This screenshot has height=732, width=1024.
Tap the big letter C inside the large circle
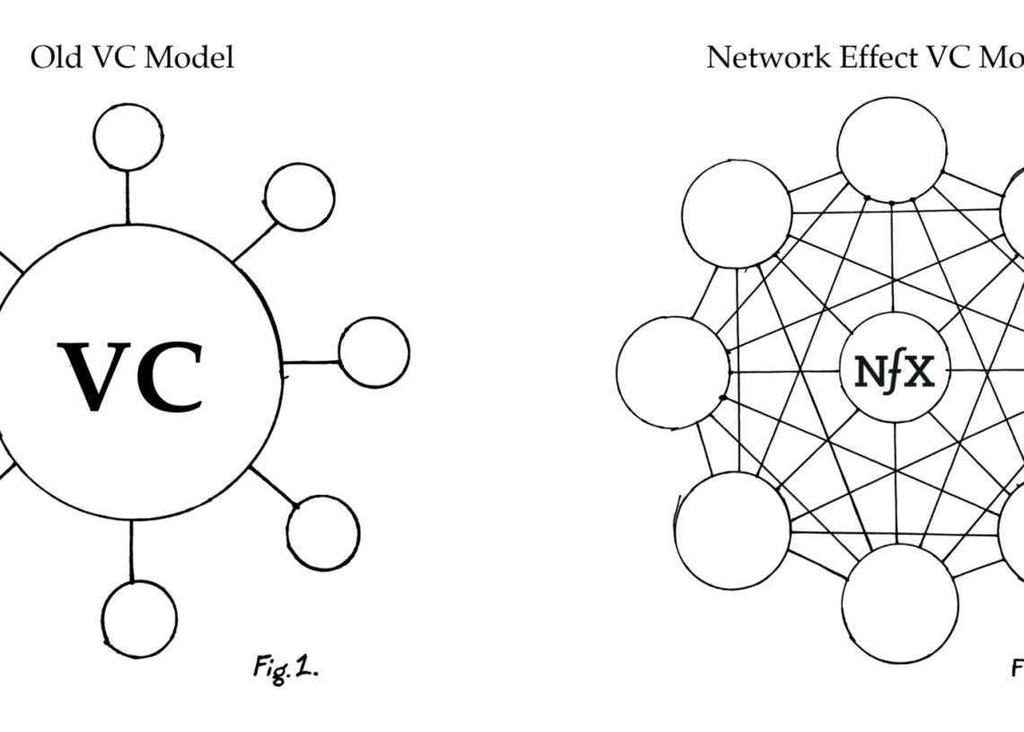171,377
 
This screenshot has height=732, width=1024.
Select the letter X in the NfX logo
917,371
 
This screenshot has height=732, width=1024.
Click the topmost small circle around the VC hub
128,137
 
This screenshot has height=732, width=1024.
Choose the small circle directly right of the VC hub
374,352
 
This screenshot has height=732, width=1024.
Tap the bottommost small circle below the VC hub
138,619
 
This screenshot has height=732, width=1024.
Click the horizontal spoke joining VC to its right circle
310,362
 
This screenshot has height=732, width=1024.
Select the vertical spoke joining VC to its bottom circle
132,551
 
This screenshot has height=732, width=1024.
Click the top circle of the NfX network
890,149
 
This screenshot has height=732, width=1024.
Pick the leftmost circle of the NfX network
673,372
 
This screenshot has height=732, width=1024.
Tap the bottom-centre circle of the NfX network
899,604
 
